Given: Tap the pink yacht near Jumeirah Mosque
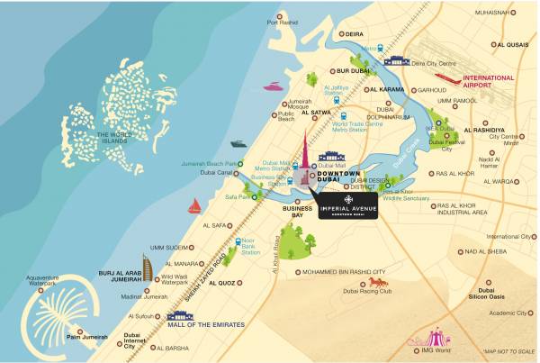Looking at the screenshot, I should pos(273,87).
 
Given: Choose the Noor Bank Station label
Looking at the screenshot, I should pos(250,247).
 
